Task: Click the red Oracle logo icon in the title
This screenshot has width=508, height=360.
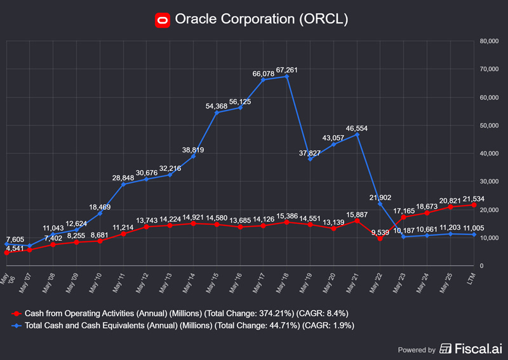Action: coord(163,20)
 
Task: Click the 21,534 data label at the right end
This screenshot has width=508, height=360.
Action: coord(473,199)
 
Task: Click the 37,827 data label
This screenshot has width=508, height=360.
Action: coord(310,152)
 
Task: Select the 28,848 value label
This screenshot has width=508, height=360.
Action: coord(123,178)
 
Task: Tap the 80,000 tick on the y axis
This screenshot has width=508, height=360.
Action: coord(490,41)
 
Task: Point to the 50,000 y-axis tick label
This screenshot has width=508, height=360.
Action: coord(490,126)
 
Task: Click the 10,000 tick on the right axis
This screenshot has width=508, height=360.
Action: coord(490,238)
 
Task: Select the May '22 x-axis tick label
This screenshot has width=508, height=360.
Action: coord(377,279)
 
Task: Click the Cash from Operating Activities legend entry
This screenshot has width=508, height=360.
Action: coord(180,314)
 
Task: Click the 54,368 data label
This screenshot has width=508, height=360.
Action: coord(217,105)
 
